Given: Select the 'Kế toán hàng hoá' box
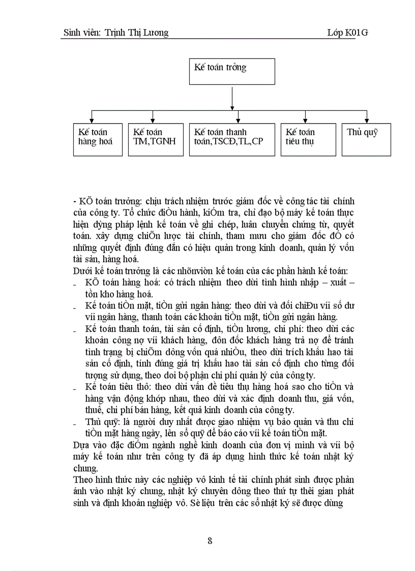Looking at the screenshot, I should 98,139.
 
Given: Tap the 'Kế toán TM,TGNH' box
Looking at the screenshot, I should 155,139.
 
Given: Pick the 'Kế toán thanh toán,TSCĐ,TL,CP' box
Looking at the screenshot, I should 232,139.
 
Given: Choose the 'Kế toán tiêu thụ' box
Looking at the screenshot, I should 308,139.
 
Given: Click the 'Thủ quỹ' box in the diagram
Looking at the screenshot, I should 366,139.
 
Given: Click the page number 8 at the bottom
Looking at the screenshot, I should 210,540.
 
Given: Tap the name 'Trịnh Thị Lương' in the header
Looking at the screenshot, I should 136,33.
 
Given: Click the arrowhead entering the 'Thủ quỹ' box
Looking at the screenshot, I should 366,120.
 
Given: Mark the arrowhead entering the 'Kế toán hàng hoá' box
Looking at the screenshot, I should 92,120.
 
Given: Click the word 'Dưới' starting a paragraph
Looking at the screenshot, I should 83,272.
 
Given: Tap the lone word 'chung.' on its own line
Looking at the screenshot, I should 85,468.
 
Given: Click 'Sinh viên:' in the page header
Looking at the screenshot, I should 82,33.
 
